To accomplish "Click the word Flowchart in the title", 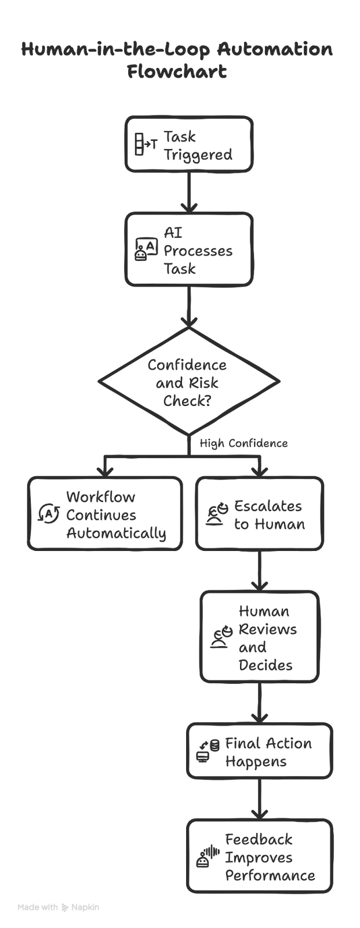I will coord(176,72).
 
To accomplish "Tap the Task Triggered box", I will coord(189,144).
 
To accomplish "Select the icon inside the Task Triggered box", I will coord(146,144).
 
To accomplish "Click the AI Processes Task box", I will coord(189,249).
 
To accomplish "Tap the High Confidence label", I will coord(243,444).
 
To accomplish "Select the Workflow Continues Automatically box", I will coord(104,513).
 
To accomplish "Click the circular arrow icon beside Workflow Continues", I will coord(49,513).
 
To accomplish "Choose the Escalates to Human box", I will coord(259,513).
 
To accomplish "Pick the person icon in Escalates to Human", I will coord(217,514).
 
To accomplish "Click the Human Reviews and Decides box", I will coord(259,636).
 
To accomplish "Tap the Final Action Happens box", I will coord(259,751).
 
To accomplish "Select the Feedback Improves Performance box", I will coord(259,856).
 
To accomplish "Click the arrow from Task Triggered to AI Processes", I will coord(189,191).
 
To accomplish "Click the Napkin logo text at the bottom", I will coord(85,907).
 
